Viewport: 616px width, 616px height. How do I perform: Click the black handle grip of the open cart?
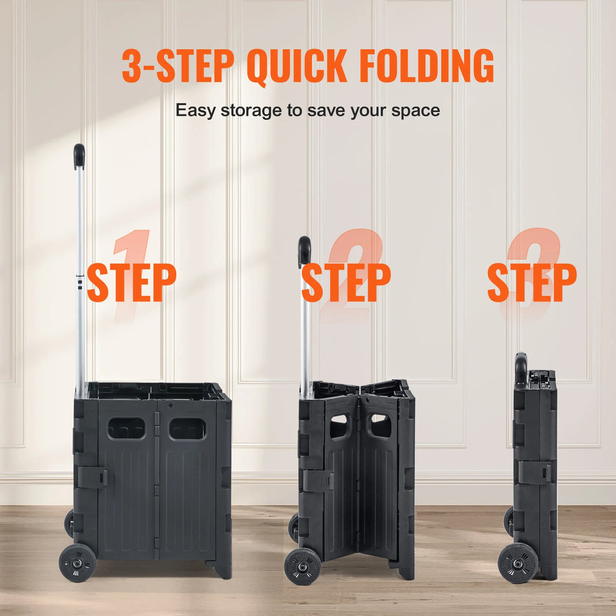pyautogui.click(x=79, y=156)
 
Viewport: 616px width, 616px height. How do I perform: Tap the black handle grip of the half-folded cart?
pyautogui.click(x=304, y=251)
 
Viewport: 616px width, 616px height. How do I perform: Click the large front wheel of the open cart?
pyautogui.click(x=78, y=562)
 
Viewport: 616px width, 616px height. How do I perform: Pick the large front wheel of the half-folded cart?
pyautogui.click(x=302, y=566)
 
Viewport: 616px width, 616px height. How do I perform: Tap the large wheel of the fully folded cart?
pyautogui.click(x=518, y=563)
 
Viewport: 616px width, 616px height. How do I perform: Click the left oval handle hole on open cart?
pyautogui.click(x=126, y=428)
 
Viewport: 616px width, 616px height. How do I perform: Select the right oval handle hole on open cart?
pyautogui.click(x=187, y=428)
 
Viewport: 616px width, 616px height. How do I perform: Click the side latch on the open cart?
pyautogui.click(x=93, y=477)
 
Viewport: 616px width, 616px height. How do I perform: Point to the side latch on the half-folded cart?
pyautogui.click(x=318, y=481)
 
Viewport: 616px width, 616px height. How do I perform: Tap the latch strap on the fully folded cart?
pyautogui.click(x=535, y=472)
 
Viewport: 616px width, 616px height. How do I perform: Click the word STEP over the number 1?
pyautogui.click(x=132, y=282)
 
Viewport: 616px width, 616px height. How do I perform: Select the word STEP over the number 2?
pyautogui.click(x=346, y=282)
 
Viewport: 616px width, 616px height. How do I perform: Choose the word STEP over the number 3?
pyautogui.click(x=532, y=282)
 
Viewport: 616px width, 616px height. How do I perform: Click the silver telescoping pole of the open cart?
pyautogui.click(x=80, y=271)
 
